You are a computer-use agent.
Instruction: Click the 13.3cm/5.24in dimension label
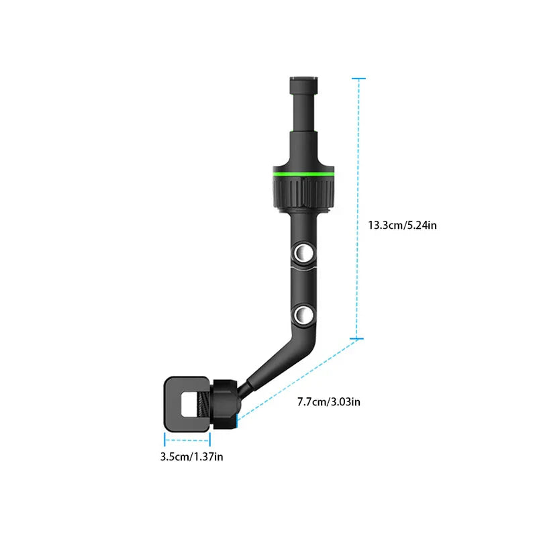402,225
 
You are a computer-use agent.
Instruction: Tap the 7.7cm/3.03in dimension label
329,402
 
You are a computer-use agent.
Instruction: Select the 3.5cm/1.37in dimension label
191,457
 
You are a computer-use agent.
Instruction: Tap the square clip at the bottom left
187,403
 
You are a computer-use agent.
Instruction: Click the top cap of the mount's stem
303,86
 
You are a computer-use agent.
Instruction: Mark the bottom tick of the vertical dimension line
359,339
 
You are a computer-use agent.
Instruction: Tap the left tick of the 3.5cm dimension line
165,440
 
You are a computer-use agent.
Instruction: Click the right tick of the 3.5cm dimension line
210,440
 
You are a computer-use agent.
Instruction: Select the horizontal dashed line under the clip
188,440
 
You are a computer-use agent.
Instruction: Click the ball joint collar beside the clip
223,405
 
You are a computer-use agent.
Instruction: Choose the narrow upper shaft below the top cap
303,128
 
